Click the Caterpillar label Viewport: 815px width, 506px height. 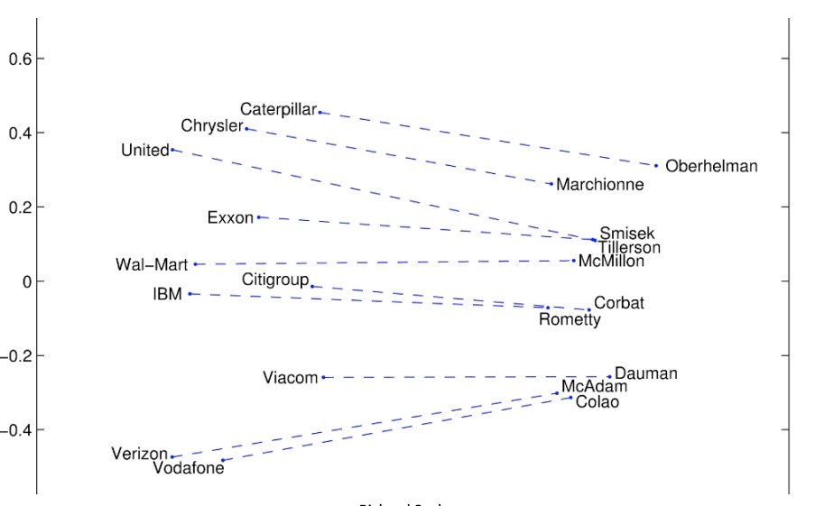278,110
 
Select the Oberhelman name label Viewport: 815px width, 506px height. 711,166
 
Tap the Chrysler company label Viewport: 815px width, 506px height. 211,125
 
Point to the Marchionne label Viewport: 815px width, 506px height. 599,185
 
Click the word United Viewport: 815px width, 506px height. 144,151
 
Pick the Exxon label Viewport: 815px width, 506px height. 230,217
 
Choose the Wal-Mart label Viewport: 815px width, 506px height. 152,265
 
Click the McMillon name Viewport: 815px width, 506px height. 611,262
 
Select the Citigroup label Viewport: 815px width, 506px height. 274,281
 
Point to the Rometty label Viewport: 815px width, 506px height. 570,319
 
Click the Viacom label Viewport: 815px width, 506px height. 290,378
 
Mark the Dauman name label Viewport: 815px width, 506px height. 645,373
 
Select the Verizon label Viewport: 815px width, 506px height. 139,454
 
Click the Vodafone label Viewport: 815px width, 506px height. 188,469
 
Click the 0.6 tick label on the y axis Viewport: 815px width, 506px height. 20,60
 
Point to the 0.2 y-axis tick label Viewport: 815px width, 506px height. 20,207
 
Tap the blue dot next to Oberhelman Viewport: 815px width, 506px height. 656,166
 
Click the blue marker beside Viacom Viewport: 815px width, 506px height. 323,377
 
